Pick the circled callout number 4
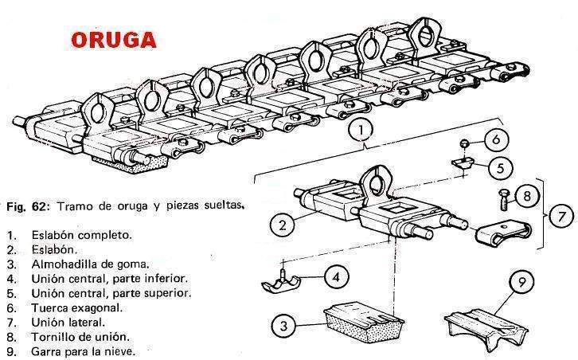coord(338,277)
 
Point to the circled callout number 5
coord(498,169)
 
